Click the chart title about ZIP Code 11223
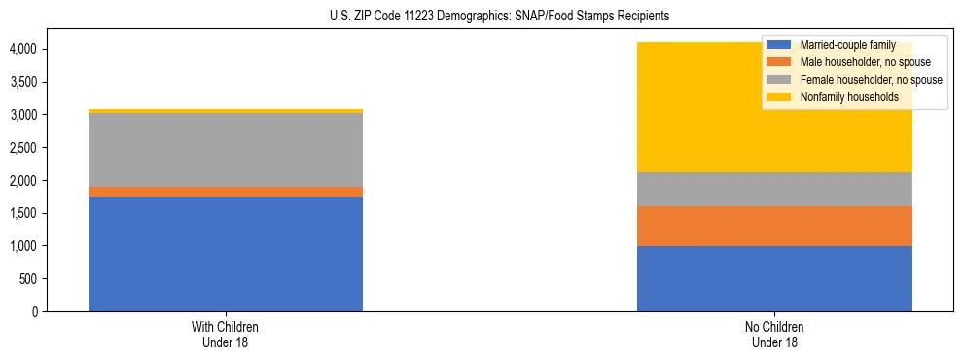point(481,17)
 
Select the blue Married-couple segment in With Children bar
point(226,254)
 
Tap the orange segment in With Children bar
point(226,192)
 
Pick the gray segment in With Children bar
point(226,150)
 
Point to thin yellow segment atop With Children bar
point(226,111)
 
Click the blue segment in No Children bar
point(774,278)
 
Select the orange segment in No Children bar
point(774,226)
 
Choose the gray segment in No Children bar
point(774,189)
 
